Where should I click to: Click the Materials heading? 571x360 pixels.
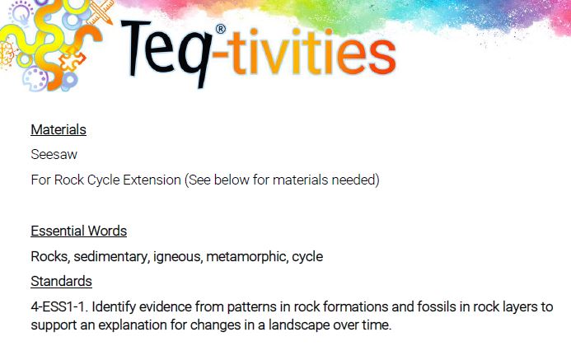[59, 129]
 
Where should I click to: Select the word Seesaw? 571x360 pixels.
[54, 154]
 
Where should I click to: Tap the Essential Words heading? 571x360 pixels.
[78, 231]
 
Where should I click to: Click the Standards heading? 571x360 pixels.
[61, 282]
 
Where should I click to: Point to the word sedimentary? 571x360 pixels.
[111, 257]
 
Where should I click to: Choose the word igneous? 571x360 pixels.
[177, 257]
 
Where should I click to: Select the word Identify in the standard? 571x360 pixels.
[114, 306]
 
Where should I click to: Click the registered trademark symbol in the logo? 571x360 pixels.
[221, 29]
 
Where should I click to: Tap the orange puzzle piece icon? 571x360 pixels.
[72, 59]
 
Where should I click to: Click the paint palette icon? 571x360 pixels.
[35, 78]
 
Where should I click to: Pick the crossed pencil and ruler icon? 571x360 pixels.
[101, 11]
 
